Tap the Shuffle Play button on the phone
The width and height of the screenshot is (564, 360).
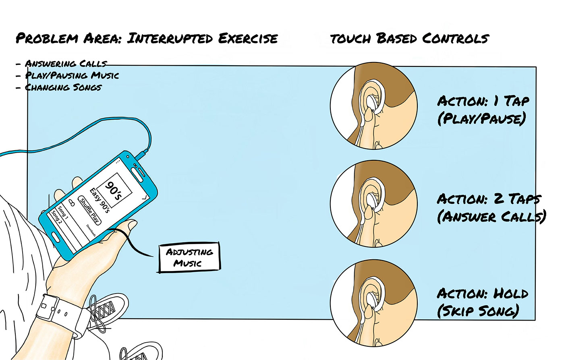[89, 211]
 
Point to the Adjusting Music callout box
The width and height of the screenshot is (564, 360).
[189, 257]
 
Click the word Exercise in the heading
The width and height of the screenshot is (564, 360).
[248, 39]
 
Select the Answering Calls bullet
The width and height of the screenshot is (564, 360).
[66, 64]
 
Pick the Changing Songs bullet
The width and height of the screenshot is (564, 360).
[63, 87]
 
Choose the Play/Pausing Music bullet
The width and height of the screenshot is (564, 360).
[72, 75]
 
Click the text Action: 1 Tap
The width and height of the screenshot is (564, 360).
[483, 101]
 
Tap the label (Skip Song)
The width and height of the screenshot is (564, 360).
[478, 311]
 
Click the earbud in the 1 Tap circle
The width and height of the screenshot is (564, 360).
[373, 103]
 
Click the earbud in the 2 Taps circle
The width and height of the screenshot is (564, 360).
[373, 200]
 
